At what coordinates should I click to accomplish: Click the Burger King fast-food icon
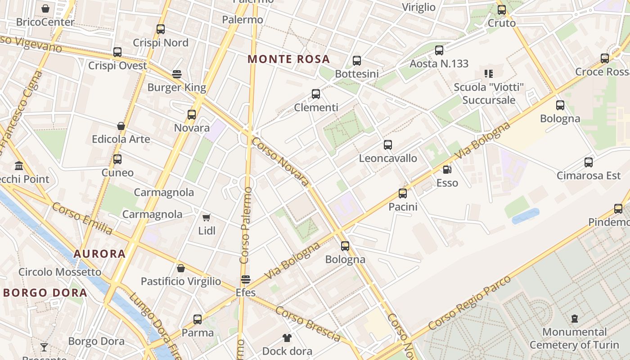pos(177,74)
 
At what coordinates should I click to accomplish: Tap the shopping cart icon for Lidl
pos(207,218)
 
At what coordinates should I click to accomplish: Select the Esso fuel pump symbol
pos(447,170)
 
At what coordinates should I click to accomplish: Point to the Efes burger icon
pos(245,279)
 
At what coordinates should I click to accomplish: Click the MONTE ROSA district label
pos(288,59)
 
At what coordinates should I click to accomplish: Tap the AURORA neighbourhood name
pos(99,254)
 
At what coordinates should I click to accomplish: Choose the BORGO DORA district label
pos(45,293)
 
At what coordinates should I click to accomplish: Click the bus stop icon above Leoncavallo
pos(388,145)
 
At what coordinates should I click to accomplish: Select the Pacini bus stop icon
pos(403,193)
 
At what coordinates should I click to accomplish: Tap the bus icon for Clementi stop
pos(316,94)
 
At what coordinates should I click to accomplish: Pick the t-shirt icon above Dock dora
pos(287,337)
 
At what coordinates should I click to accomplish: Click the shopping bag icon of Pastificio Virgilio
pos(181,268)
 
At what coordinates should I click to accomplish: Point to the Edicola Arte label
pos(121,139)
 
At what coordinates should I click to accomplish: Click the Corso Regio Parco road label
pos(470,302)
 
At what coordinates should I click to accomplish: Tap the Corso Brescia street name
pos(308,323)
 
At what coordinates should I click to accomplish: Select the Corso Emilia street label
pos(82,219)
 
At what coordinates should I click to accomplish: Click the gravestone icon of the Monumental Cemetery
pos(574,319)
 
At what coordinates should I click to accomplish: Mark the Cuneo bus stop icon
pos(117,159)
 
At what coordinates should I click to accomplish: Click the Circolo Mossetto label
pos(60,272)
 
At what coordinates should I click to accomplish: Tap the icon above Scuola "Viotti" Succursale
pos(489,73)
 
